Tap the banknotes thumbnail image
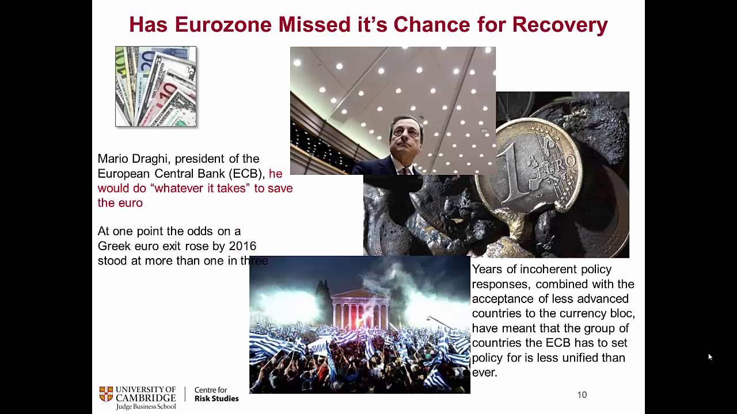click(155, 86)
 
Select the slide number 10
click(582, 395)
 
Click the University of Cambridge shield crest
click(106, 394)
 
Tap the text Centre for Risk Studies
click(216, 394)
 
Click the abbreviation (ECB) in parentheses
click(246, 174)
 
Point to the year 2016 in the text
click(242, 246)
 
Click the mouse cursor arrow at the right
click(710, 356)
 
